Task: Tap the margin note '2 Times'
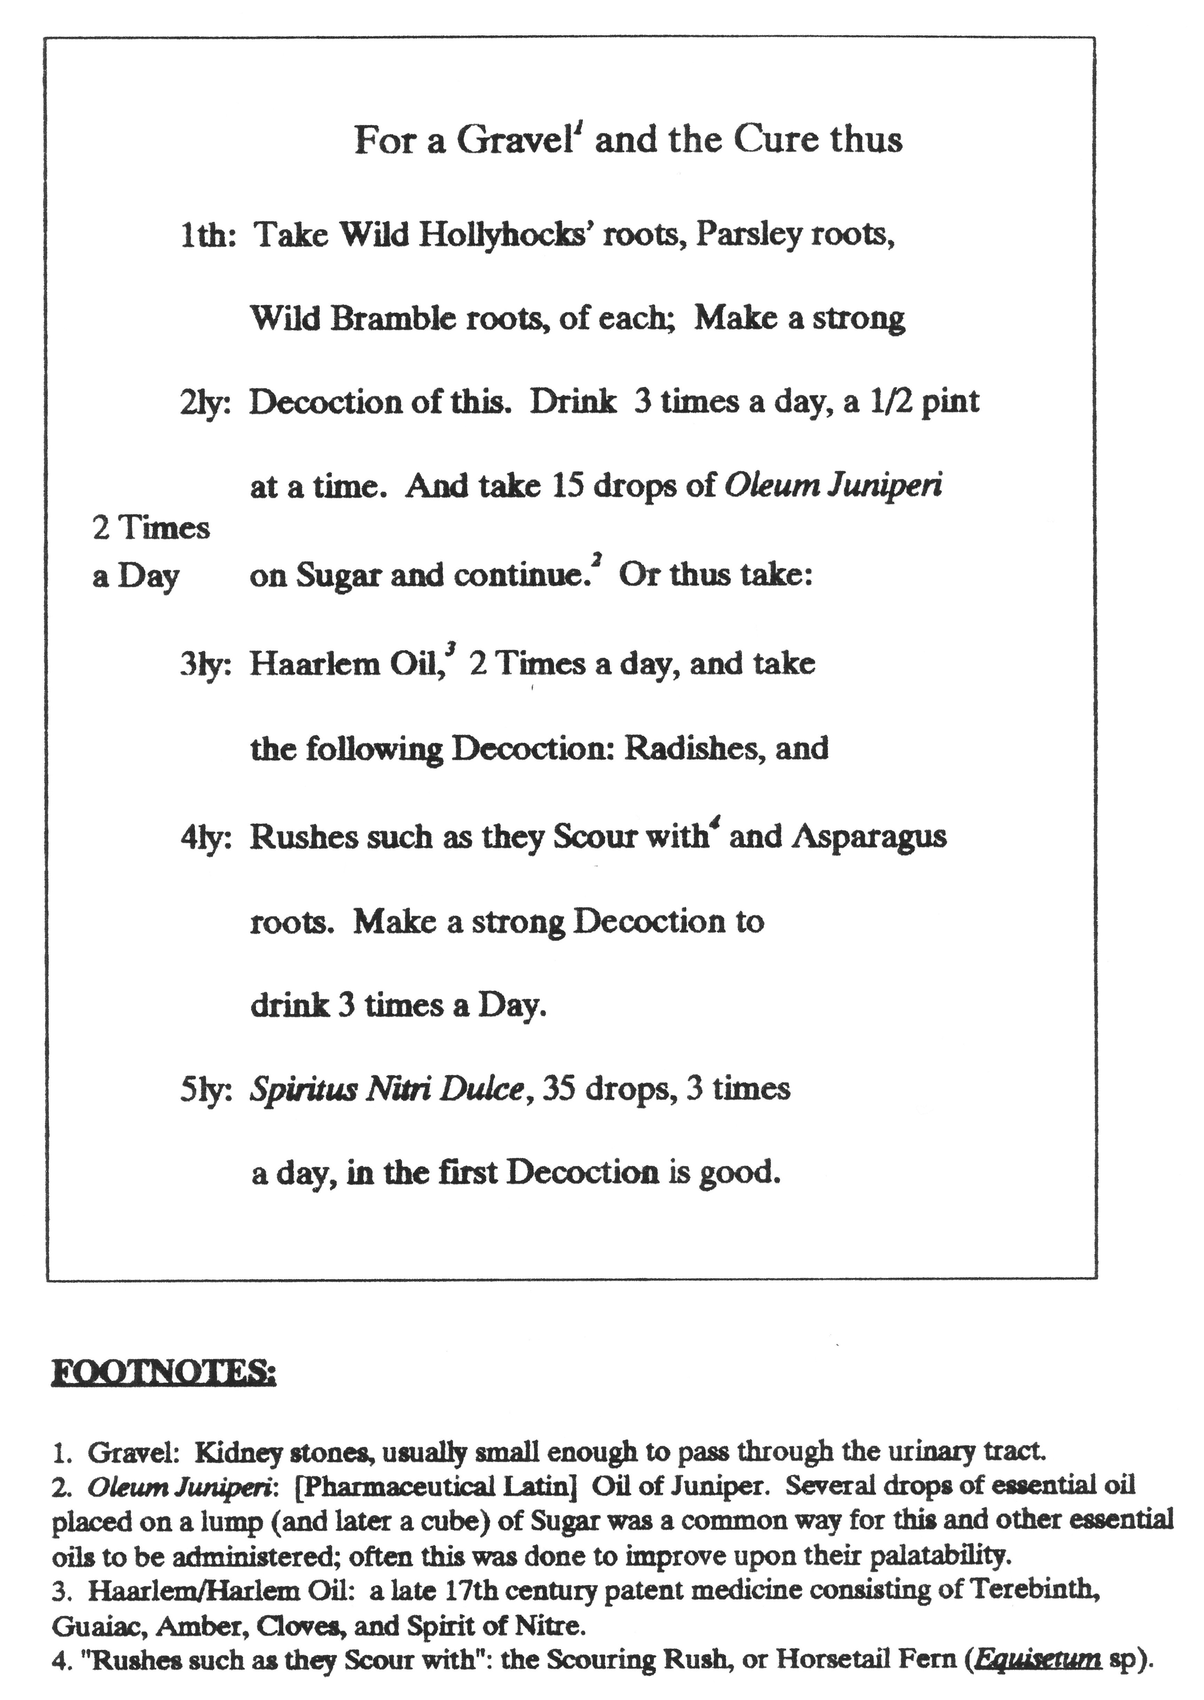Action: point(151,528)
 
